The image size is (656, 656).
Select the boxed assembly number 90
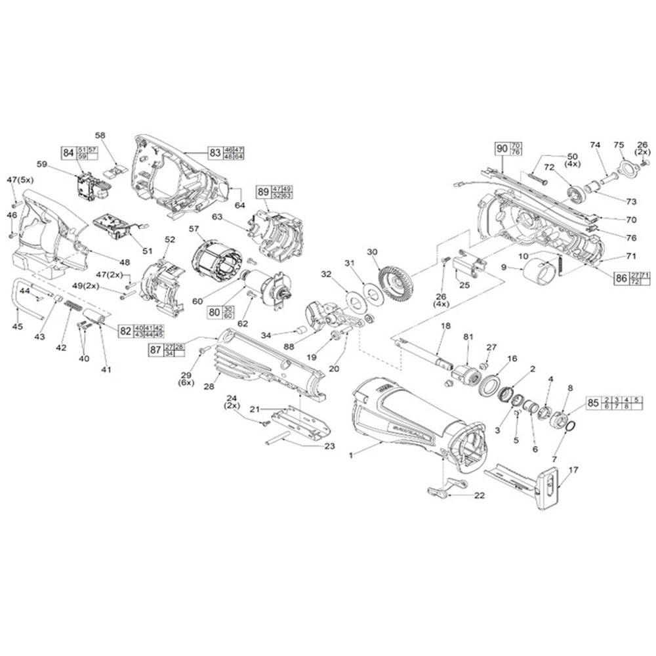pos(502,149)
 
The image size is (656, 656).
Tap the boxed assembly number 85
pos(593,404)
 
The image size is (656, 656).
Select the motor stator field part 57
pos(216,260)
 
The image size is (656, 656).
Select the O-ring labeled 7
pos(570,426)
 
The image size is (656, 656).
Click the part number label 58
pos(100,134)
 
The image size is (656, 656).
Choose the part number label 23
pos(329,446)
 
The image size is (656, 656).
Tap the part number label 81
pos(468,337)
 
